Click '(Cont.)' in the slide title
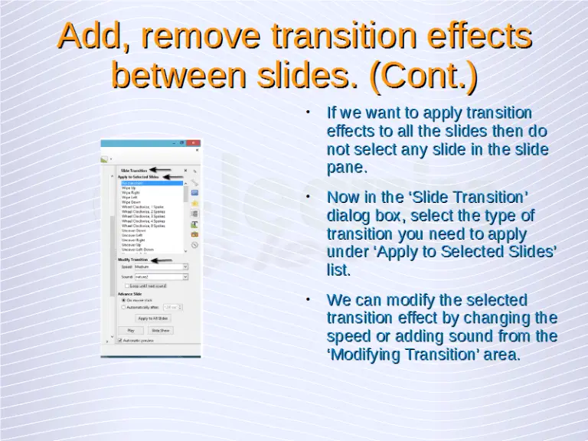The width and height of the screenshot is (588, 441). click(423, 76)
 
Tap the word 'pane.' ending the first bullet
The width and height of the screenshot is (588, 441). click(348, 168)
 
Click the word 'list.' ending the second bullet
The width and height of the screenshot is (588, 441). click(338, 270)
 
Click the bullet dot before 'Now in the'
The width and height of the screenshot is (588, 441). click(307, 197)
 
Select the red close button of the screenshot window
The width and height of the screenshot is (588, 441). click(193, 143)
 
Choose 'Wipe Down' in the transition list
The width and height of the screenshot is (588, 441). click(131, 202)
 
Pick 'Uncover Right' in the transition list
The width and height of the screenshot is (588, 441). click(133, 240)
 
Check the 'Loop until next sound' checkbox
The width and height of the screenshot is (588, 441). click(127, 286)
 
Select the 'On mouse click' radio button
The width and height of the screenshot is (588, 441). click(124, 300)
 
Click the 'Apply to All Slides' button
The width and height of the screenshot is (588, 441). click(153, 318)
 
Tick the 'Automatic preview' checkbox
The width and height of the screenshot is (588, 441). click(120, 339)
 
